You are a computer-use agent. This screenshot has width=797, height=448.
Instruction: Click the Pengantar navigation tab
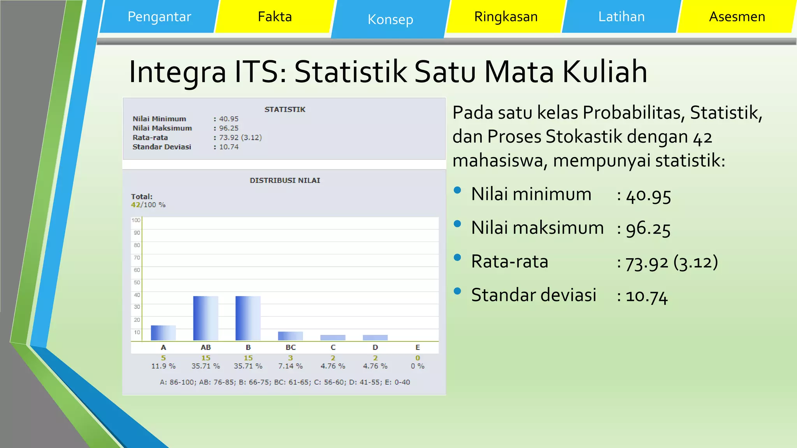(159, 17)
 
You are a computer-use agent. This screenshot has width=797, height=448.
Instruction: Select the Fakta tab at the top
(275, 17)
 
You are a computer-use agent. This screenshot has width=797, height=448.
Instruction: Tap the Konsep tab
(390, 19)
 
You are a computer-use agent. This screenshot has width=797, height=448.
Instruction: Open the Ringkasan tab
(506, 17)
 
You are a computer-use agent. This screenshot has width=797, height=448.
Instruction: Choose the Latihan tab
(621, 17)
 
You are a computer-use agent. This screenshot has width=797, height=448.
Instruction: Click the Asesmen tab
(737, 17)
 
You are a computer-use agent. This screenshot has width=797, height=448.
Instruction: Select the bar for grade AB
(205, 318)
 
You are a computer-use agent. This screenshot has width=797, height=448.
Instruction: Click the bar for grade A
(163, 333)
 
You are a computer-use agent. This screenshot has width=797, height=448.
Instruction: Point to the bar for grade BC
(290, 336)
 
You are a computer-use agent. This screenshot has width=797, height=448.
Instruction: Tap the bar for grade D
(375, 338)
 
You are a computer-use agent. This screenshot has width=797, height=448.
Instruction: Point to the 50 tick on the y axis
(137, 282)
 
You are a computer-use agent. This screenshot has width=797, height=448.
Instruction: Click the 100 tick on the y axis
(136, 220)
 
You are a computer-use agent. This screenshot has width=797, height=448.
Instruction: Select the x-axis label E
(418, 347)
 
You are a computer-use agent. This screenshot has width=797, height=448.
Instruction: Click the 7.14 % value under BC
(290, 366)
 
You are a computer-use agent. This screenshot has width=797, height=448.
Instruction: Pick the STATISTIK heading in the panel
(285, 110)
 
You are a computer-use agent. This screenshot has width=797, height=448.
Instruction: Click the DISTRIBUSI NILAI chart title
(285, 180)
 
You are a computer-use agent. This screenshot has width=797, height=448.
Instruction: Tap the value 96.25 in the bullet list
(648, 229)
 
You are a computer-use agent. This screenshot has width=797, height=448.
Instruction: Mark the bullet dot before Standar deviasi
(458, 291)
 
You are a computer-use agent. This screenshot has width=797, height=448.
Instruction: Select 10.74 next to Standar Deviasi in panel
(229, 147)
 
